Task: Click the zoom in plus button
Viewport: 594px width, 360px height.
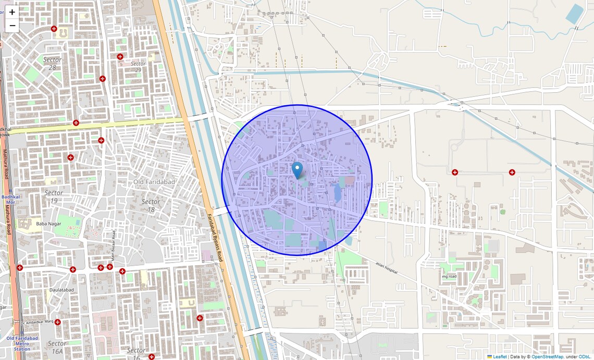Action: tap(12, 12)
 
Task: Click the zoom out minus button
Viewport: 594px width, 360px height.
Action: tap(12, 26)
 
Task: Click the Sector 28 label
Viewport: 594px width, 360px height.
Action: tap(52, 63)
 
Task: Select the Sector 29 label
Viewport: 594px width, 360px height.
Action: tap(138, 67)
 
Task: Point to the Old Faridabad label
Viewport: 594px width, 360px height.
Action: tap(154, 182)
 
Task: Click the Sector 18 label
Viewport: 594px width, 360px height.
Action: tap(151, 205)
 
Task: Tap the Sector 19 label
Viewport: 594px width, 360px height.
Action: tap(54, 196)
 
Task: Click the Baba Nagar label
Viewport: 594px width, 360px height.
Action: tap(45, 224)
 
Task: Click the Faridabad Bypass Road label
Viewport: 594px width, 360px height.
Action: tap(215, 237)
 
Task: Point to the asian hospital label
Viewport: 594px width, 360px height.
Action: tap(386, 268)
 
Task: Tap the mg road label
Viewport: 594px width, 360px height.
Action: tap(449, 277)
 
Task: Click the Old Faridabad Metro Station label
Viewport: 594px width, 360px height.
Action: tap(22, 343)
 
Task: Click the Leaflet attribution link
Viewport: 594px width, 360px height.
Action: tap(500, 356)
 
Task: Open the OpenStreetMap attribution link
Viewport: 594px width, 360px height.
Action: tap(547, 356)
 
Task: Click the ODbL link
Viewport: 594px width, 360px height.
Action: tap(585, 356)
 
